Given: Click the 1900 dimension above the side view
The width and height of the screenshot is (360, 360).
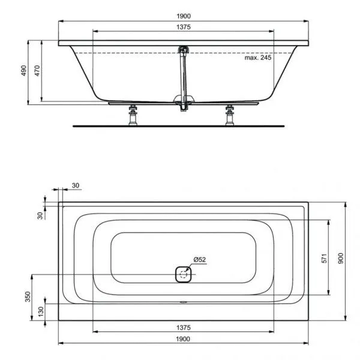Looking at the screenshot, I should pos(184,17).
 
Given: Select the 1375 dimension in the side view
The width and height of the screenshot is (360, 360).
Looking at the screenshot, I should pos(184,28).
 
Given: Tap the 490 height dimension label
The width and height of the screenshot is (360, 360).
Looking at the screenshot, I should pos(25,71).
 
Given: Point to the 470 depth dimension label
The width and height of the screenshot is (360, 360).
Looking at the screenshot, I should pos(37,71).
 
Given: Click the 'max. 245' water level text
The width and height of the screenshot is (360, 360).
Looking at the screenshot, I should pos(259,58).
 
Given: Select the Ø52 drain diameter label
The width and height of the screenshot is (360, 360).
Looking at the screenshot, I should pos(200,259).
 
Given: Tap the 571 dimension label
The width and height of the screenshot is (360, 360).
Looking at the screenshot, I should pos(322,258).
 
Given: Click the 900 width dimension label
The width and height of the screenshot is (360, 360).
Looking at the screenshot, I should pos(340,258).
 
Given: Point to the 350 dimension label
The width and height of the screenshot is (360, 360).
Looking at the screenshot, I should pos(28,298).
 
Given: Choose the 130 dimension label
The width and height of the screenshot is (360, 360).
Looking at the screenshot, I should pos(41,311).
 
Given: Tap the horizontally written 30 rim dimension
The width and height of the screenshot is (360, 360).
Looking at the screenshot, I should pos(76,185).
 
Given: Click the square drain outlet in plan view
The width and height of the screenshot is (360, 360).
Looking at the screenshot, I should pos(183,275).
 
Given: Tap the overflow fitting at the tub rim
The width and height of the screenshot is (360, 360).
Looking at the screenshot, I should pos(184,49).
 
